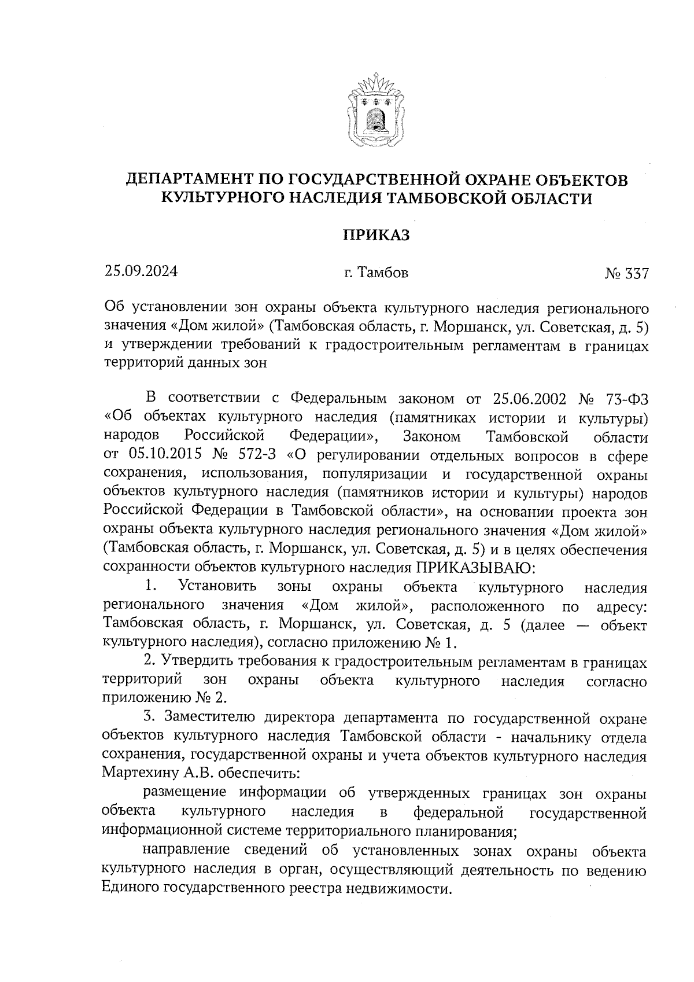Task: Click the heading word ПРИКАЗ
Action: (376, 235)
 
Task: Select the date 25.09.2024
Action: (141, 271)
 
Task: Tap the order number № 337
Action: (627, 273)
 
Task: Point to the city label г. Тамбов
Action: (376, 272)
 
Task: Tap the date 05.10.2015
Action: (157, 456)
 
